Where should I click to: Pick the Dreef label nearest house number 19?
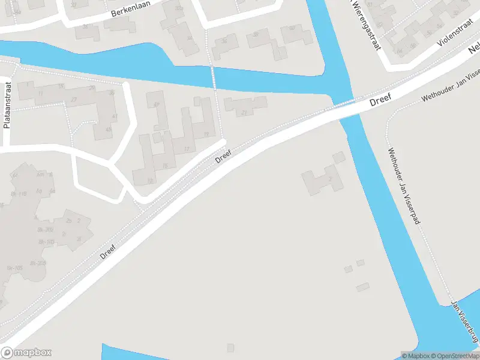[223, 156]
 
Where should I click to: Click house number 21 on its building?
[244, 113]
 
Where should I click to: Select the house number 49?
[157, 105]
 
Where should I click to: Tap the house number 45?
[109, 130]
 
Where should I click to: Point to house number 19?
[206, 134]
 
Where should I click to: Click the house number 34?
[189, 38]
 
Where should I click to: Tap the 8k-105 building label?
[14, 268]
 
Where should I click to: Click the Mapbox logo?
[26, 353]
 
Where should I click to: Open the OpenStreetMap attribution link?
[455, 356]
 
